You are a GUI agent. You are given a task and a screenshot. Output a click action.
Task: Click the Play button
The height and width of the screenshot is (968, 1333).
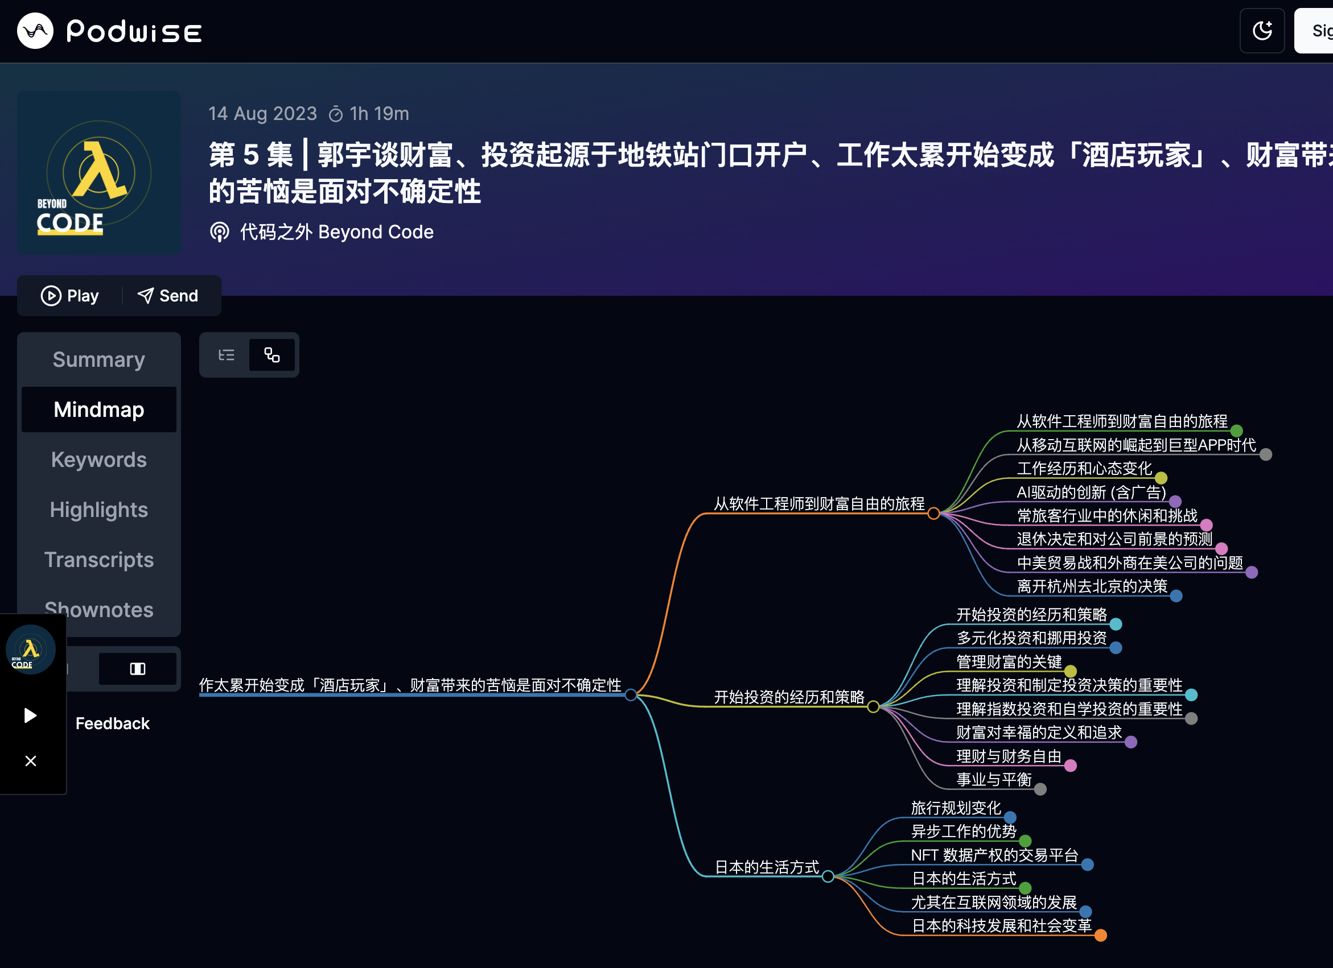(70, 295)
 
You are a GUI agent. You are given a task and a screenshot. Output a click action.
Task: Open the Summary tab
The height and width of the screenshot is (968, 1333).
(98, 359)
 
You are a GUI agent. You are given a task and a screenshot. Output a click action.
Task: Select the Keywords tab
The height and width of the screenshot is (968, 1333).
(98, 460)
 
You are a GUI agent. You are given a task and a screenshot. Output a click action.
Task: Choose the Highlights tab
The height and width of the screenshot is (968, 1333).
(98, 510)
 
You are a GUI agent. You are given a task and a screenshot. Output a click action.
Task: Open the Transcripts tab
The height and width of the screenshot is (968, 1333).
(98, 560)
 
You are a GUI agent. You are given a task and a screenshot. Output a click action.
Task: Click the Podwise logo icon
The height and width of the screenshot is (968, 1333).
(35, 31)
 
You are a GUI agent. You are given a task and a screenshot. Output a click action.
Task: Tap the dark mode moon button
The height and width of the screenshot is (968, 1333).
(1261, 31)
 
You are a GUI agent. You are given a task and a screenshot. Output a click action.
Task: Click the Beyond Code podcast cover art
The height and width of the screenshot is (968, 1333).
(98, 173)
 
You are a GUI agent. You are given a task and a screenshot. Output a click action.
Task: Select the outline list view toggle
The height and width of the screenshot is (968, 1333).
(227, 355)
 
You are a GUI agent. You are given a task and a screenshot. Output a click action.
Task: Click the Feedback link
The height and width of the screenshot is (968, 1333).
(112, 723)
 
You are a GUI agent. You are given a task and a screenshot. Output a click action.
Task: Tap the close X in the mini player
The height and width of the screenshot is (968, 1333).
(31, 761)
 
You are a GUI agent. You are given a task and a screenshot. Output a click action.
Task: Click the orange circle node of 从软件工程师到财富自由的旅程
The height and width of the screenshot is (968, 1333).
(933, 514)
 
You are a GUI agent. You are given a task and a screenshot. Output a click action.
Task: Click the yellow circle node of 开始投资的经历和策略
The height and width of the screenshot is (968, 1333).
(873, 706)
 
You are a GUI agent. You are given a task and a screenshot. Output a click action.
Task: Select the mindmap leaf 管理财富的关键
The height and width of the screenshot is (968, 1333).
(1009, 662)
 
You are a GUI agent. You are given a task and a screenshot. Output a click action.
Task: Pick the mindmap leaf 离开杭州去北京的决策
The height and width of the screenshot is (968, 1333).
(1092, 586)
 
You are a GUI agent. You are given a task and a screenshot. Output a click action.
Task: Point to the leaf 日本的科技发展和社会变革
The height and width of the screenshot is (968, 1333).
(1001, 926)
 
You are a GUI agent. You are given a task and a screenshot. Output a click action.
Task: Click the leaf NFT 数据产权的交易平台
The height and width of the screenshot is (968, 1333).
(994, 855)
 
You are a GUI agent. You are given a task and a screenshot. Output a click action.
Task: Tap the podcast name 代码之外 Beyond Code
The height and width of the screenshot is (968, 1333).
(336, 232)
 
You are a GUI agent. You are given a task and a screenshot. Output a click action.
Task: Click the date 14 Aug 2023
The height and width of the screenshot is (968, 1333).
(263, 113)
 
